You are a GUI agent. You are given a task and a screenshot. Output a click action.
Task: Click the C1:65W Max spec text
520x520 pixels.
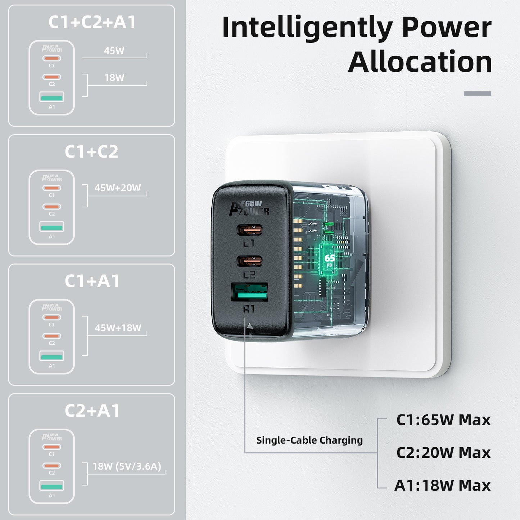[443, 420]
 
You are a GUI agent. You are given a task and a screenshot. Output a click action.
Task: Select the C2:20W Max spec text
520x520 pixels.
[443, 453]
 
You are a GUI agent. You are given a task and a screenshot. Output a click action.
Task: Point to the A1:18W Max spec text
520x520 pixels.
[442, 485]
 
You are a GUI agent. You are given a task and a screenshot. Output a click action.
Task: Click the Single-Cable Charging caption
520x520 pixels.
[309, 440]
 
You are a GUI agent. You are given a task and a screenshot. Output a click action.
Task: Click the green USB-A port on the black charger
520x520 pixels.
[249, 293]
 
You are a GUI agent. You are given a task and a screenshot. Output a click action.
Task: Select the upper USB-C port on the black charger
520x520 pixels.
[249, 230]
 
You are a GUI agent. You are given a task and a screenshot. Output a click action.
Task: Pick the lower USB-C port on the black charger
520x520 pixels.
[249, 261]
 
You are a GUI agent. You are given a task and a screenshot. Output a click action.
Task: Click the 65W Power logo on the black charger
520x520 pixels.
[249, 208]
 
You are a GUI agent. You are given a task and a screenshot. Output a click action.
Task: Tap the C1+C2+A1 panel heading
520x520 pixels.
[92, 22]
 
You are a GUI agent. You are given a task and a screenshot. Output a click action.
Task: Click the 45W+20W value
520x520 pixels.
[118, 188]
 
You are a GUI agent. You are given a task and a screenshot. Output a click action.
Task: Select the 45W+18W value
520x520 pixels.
[118, 328]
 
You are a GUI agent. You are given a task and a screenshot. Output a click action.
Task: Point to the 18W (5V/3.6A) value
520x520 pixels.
[127, 466]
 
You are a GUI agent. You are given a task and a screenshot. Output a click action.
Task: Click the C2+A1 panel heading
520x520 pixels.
[92, 411]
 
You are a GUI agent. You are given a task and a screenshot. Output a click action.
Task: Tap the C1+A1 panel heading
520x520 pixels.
[92, 281]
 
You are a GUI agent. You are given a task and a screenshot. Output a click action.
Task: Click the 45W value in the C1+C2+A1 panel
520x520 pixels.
[114, 51]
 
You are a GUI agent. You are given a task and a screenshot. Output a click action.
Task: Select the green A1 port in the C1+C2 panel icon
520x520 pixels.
[52, 227]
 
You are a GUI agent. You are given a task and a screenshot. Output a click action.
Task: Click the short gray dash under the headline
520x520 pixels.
[477, 94]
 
